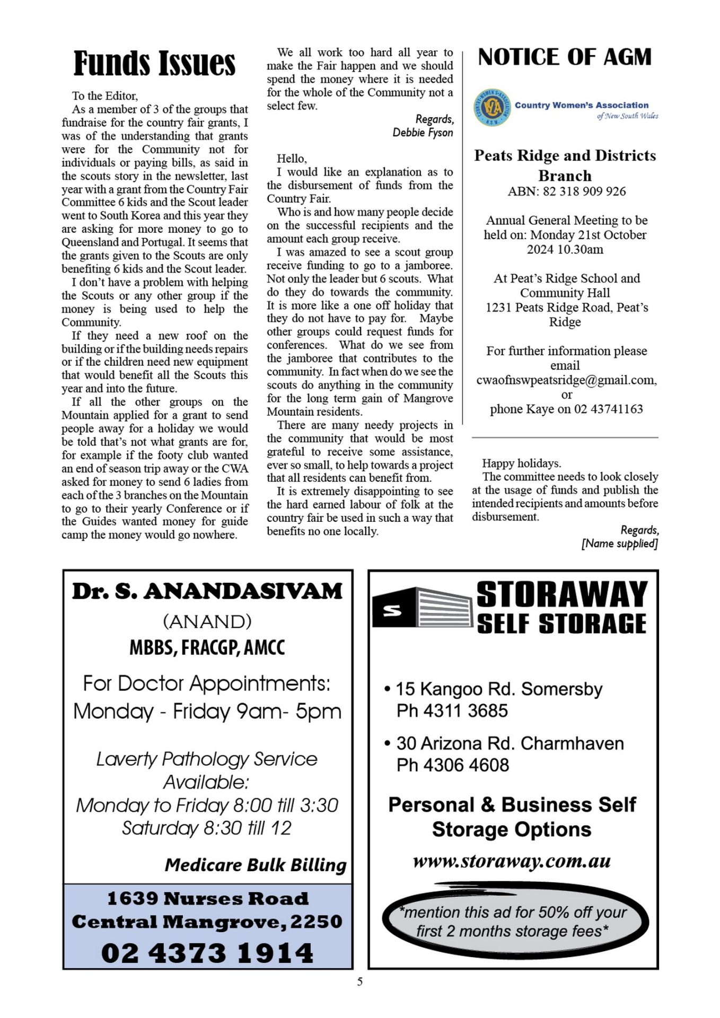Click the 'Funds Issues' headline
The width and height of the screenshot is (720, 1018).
pos(154,63)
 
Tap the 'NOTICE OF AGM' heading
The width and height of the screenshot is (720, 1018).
pos(565,57)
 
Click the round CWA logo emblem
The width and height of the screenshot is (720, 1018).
pos(492,108)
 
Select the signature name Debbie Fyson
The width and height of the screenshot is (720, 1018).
pos(423,133)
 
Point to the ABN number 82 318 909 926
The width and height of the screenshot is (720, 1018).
pos(584,191)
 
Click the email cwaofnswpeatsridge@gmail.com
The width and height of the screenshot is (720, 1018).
pos(566,380)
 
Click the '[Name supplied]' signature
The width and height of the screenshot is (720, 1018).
pos(619,543)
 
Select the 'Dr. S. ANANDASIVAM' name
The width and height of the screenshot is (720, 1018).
pos(207,592)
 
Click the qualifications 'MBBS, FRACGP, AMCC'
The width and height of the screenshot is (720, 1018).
pos(207,648)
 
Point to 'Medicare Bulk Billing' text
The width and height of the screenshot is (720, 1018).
pos(256,865)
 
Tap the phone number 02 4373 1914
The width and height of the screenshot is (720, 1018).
pos(207,953)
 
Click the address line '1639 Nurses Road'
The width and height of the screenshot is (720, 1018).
pos(207,899)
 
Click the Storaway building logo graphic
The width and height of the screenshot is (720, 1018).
pos(422,608)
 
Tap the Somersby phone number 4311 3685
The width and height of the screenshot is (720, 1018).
pos(466,711)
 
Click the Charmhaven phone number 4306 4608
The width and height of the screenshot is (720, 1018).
pos(466,765)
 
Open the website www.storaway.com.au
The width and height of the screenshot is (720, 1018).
pos(512,862)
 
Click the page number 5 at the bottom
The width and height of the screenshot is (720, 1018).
pos(360,982)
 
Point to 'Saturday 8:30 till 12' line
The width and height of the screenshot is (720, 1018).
pos(207,828)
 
